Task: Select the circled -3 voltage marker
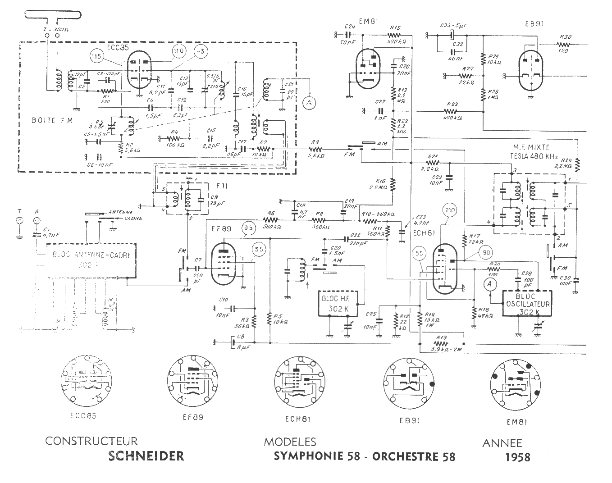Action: pos(201,51)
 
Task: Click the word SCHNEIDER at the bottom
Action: pos(146,456)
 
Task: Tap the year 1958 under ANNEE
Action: pos(518,457)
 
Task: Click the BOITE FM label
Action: pos(50,120)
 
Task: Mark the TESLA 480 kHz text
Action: pos(532,157)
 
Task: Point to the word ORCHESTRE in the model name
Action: pos(407,456)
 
